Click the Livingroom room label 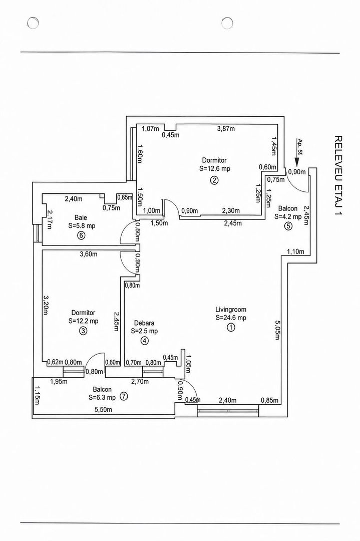click(x=231, y=309)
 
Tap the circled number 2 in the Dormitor click(x=214, y=180)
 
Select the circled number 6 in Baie click(x=82, y=235)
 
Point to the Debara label click(x=144, y=323)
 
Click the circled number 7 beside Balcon click(x=124, y=396)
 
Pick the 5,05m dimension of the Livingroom click(x=277, y=330)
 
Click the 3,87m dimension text click(x=226, y=129)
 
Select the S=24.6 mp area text click(x=231, y=318)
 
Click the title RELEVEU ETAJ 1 click(x=338, y=176)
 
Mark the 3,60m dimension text click(x=88, y=254)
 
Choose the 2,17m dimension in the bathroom click(x=50, y=219)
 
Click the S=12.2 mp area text click(x=83, y=321)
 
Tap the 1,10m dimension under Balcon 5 click(x=295, y=251)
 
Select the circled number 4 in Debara click(x=144, y=341)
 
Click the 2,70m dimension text click(x=140, y=381)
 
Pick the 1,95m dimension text click(x=59, y=381)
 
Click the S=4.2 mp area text click(x=288, y=217)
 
